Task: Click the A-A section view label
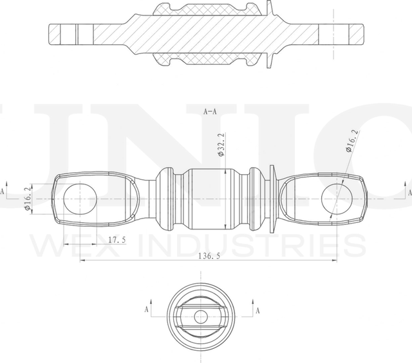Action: [210, 111]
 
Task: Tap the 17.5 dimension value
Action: [117, 240]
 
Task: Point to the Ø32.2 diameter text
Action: [220, 145]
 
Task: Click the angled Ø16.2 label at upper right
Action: [351, 141]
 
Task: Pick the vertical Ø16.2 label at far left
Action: [27, 199]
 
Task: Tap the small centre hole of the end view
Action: [201, 316]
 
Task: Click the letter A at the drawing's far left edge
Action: [3, 191]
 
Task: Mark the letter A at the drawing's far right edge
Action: [408, 191]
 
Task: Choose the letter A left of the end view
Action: [147, 309]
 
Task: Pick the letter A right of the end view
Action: [258, 310]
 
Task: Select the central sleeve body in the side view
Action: [207, 199]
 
